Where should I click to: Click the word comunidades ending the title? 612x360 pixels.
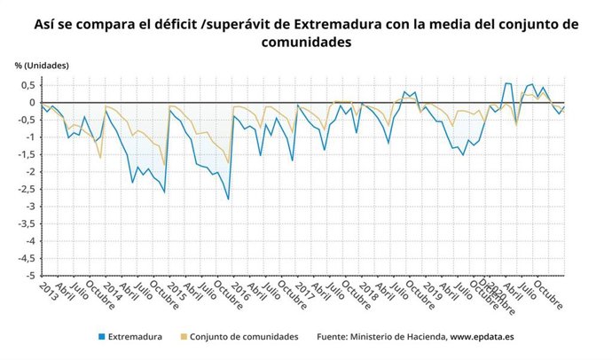(306, 43)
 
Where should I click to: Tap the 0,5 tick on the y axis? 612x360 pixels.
(27, 85)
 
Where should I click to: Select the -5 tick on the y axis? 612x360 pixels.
(29, 276)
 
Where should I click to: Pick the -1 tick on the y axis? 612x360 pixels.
(29, 137)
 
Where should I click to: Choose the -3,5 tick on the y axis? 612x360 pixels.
(25, 223)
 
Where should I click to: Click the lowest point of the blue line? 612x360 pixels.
(228, 200)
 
